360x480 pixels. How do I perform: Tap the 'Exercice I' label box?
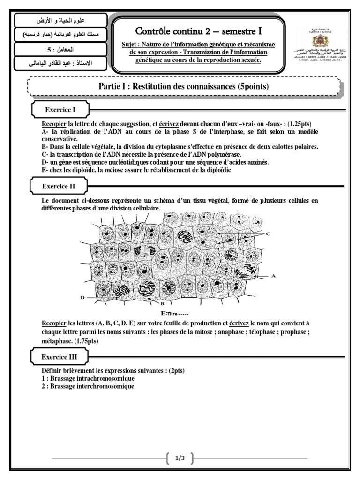pyautogui.click(x=60, y=110)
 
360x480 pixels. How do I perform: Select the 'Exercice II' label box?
pyautogui.click(x=60, y=186)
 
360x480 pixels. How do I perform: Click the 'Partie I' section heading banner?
pyautogui.click(x=183, y=86)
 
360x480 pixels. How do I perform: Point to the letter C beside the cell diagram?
pyautogui.click(x=268, y=233)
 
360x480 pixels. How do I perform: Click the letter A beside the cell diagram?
pyautogui.click(x=273, y=276)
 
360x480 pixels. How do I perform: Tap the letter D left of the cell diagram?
pyautogui.click(x=82, y=297)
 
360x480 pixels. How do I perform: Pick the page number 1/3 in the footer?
pyautogui.click(x=180, y=458)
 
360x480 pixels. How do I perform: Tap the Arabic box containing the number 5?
pyautogui.click(x=61, y=49)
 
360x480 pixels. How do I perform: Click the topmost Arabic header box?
pyautogui.click(x=61, y=21)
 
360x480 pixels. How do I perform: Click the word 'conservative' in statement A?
pyautogui.click(x=58, y=139)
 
